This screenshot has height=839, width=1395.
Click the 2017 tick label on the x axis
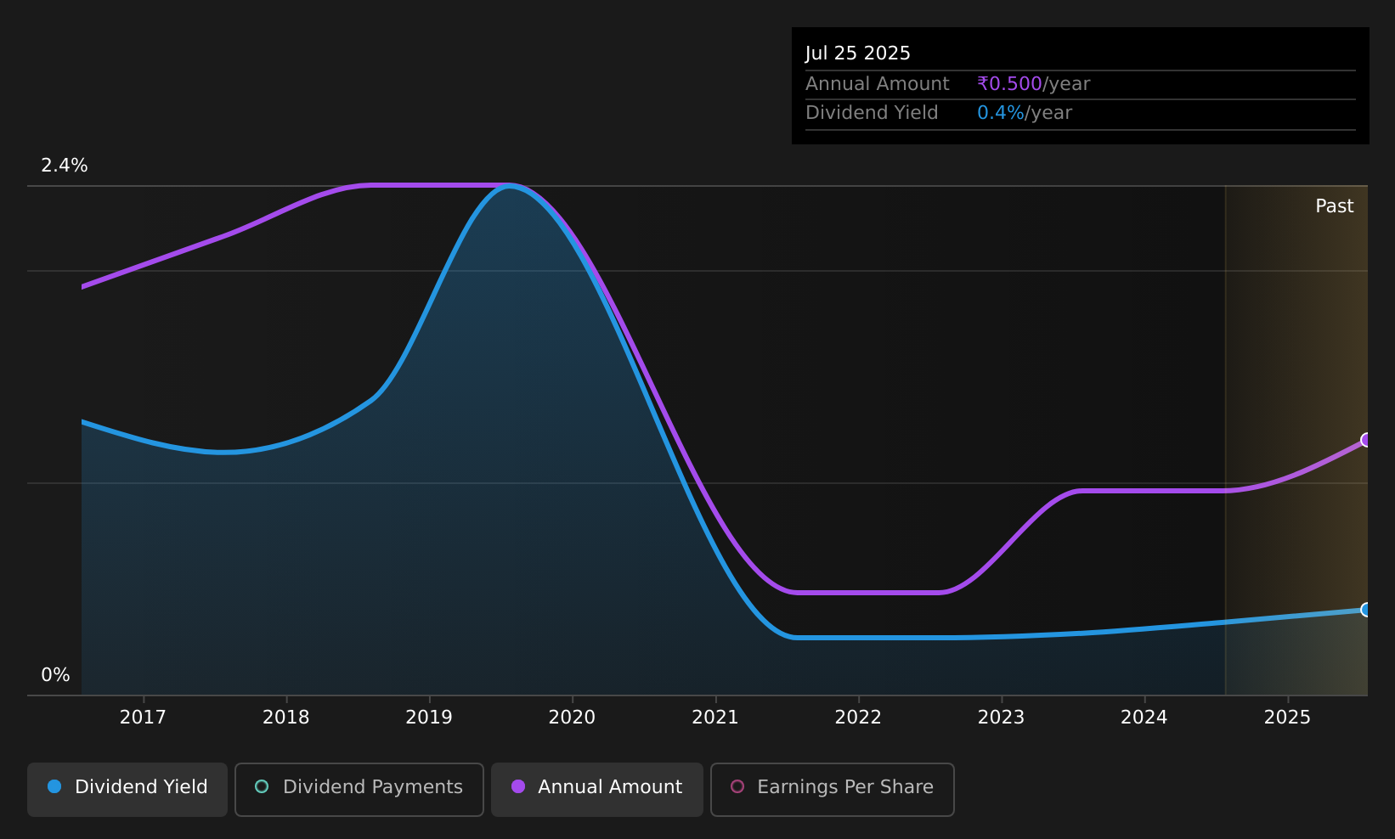(143, 718)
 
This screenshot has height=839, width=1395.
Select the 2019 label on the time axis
(428, 718)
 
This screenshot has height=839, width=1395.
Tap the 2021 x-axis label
(715, 718)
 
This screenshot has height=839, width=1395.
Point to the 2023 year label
(1001, 718)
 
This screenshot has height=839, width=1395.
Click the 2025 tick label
(1287, 718)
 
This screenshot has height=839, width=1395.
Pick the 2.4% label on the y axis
(65, 166)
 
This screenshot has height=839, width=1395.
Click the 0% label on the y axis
(55, 675)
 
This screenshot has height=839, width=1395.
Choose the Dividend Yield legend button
(127, 789)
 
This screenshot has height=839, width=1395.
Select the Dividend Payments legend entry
(359, 789)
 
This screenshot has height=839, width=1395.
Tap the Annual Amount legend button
(597, 789)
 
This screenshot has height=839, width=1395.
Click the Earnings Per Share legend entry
(832, 789)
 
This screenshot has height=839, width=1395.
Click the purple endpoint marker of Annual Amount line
(1366, 440)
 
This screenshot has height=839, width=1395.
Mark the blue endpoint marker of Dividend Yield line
(1366, 610)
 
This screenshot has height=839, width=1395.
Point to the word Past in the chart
(1334, 206)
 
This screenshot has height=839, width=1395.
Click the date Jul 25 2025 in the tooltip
(857, 53)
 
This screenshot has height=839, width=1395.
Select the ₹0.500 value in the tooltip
(1009, 83)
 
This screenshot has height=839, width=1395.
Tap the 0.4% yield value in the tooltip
(1000, 113)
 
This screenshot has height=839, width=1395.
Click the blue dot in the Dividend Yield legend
(54, 786)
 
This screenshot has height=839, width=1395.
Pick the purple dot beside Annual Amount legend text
(517, 786)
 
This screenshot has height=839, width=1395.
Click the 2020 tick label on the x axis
(572, 718)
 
